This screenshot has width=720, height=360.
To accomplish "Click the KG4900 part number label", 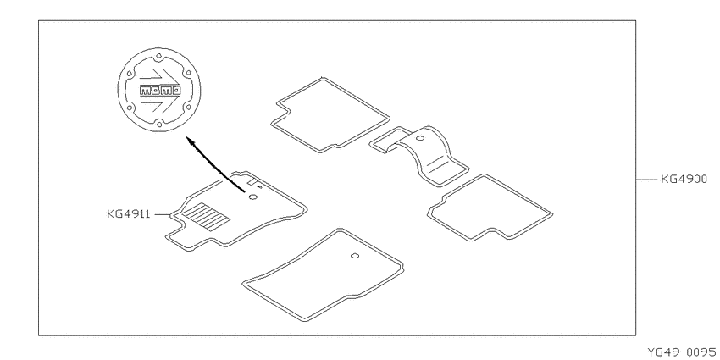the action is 684,179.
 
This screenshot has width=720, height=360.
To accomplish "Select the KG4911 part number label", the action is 129,214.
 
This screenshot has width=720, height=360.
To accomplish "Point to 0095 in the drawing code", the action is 701,352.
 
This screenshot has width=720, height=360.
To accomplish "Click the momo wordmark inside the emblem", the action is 159,91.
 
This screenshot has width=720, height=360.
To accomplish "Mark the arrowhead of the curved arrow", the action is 190,141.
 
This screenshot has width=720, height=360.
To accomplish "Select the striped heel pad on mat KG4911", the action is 206,216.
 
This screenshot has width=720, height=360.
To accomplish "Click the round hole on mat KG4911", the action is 252,197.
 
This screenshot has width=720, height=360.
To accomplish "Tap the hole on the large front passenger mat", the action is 355,256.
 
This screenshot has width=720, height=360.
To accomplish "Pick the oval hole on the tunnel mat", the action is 420,137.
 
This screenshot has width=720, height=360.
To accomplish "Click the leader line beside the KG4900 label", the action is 647,180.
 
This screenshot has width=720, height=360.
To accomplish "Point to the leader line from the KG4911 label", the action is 163,214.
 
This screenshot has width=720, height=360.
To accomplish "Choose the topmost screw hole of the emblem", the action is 158,57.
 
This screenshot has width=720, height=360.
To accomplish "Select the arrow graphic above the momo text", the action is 158,77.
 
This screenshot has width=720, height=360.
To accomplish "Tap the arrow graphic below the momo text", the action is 158,104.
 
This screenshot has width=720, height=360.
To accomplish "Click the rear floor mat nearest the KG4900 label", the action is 490,208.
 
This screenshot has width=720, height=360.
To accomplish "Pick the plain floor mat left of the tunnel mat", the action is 330,115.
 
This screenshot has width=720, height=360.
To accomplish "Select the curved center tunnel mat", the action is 419,155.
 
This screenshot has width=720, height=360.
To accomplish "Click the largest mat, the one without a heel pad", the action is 323,274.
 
